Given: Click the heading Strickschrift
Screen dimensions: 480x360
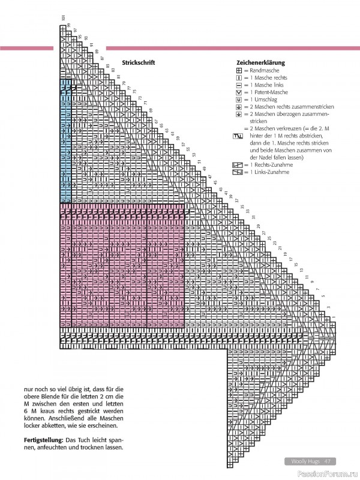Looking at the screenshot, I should coord(139,62).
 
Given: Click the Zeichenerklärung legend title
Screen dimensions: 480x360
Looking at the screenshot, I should coord(260,62).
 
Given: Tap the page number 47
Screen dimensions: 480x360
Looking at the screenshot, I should coord(328,461).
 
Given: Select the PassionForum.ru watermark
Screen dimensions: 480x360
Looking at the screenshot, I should coord(333,474).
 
